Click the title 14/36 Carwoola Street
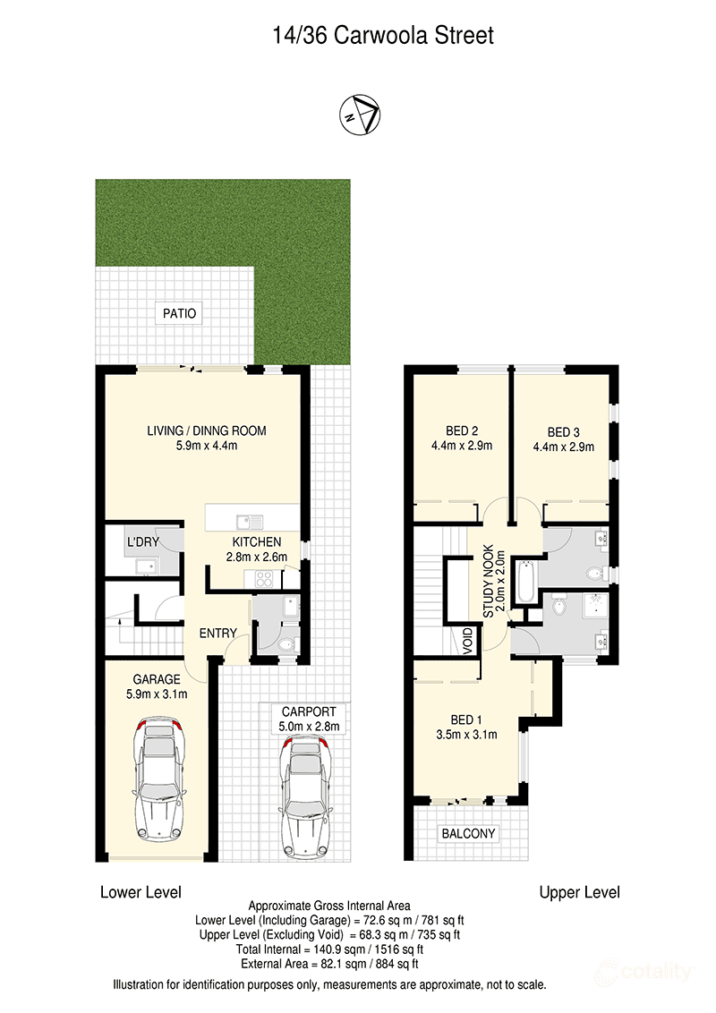coord(383,36)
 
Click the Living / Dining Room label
coord(207,430)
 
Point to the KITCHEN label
coord(257,542)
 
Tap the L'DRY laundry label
coord(143,542)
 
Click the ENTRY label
coord(217,634)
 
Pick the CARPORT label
coord(309,713)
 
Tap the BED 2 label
coord(462,428)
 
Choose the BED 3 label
coord(564,428)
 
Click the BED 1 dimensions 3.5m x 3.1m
coord(474,735)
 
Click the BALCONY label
coord(469,833)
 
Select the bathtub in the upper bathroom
coord(528,579)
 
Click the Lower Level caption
coord(141,892)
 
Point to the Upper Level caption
coord(579,892)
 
